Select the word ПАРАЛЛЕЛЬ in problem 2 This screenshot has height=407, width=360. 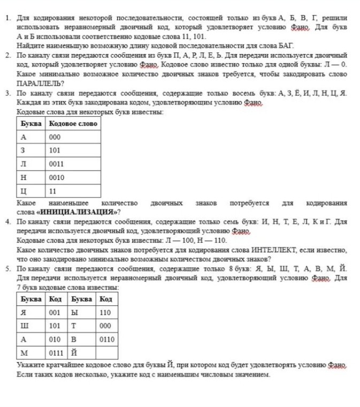pyautogui.click(x=39, y=83)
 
